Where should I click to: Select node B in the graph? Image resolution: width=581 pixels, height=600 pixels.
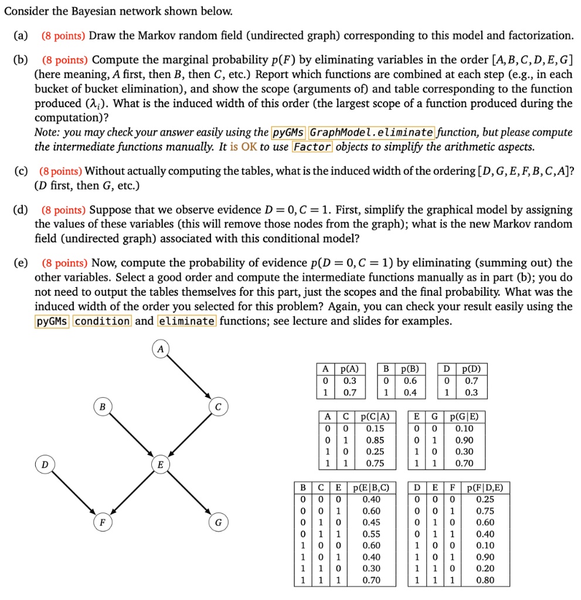(x=102, y=406)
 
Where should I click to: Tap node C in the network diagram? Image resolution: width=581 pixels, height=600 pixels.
(x=216, y=406)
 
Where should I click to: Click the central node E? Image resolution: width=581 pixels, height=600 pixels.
(x=159, y=464)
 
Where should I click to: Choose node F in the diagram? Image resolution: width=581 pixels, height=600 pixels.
(x=102, y=521)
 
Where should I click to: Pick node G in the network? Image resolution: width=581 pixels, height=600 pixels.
(x=216, y=521)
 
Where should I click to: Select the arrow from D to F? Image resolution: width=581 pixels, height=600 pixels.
(x=73, y=493)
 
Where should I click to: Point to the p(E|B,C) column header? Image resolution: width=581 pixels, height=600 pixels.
(x=372, y=487)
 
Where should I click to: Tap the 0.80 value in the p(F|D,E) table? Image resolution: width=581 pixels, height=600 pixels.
(x=485, y=580)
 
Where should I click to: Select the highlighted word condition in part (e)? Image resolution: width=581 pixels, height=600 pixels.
(x=103, y=321)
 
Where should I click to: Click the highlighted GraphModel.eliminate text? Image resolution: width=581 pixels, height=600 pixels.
(x=372, y=132)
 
